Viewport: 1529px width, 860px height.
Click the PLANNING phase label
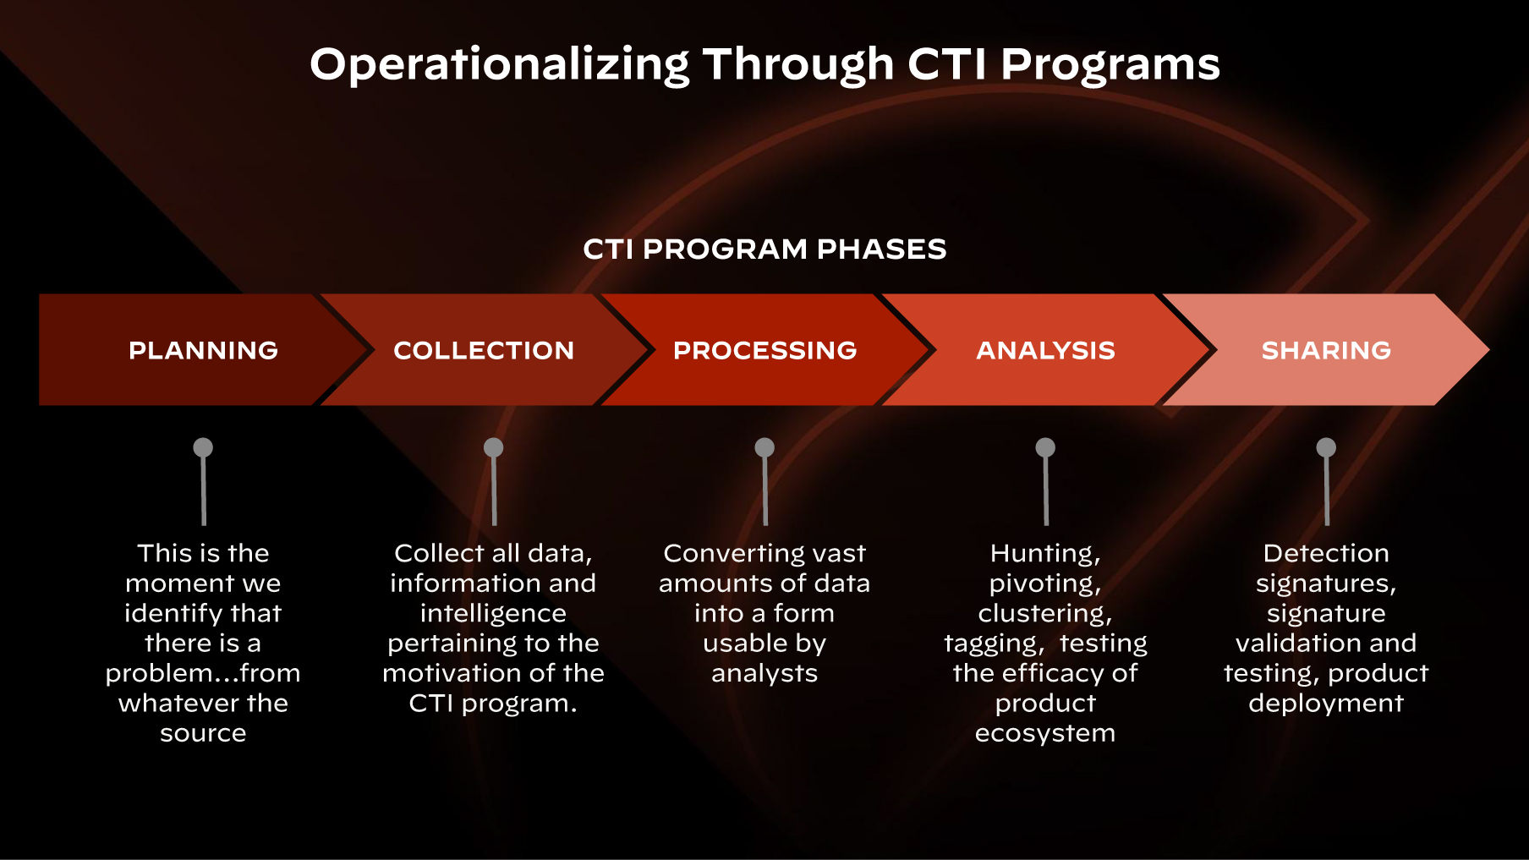(x=203, y=350)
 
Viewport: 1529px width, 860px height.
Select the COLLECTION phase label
(x=484, y=350)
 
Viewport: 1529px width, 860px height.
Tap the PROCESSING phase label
(x=764, y=350)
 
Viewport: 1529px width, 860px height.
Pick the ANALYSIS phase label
(x=1045, y=350)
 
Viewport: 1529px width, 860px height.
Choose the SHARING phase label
(x=1326, y=350)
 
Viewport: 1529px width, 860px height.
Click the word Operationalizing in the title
(x=500, y=65)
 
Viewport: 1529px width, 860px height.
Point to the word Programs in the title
(x=1110, y=65)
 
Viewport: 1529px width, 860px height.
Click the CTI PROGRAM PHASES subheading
(x=764, y=249)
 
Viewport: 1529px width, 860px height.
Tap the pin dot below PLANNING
(x=203, y=447)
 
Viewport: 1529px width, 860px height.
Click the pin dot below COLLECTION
(x=493, y=447)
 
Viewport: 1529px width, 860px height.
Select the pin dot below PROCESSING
(x=764, y=447)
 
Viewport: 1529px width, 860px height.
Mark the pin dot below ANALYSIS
(x=1045, y=447)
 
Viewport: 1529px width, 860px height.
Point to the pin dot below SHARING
(x=1326, y=447)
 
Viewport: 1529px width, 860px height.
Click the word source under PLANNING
(x=203, y=733)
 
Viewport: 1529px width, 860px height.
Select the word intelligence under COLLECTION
(x=493, y=613)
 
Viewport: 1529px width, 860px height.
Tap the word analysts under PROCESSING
(x=764, y=673)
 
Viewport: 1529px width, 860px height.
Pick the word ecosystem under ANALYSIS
(x=1045, y=733)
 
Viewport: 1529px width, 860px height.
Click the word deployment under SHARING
(x=1326, y=704)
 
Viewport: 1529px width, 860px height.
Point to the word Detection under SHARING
(x=1326, y=554)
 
